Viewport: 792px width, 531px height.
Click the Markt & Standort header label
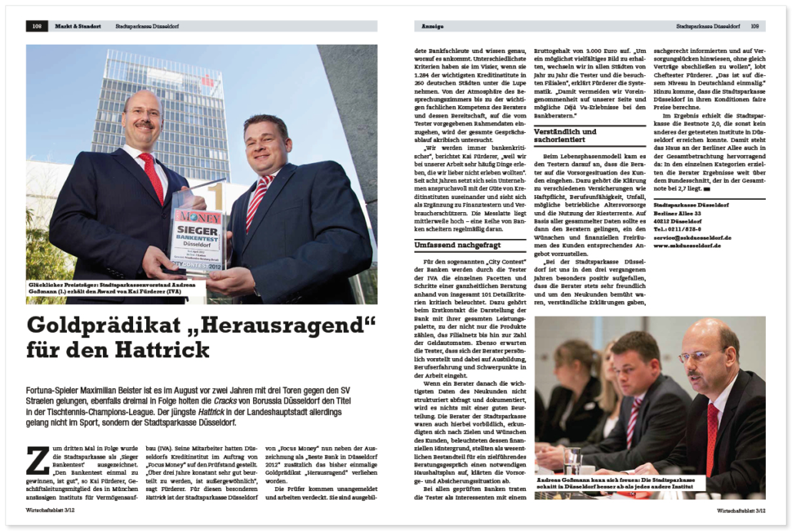(78, 26)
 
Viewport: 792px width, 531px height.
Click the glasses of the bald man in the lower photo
(697, 355)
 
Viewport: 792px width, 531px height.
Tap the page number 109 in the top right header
(755, 26)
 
